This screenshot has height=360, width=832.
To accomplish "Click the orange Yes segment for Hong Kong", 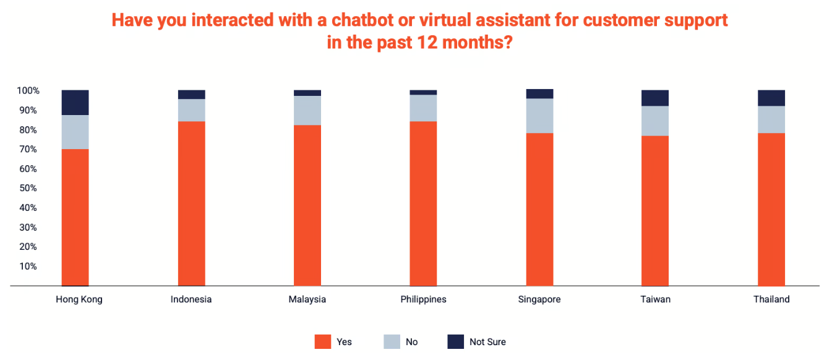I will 75,217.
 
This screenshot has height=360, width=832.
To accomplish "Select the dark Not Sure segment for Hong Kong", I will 75,103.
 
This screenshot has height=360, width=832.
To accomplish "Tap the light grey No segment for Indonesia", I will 191,110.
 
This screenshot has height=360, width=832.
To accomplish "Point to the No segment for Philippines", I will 423,108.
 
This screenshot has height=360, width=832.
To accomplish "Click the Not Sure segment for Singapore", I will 539,94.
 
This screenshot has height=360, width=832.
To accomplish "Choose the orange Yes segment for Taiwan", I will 654,210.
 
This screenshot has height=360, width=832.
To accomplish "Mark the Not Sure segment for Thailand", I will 771,98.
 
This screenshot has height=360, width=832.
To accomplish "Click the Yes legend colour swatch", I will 323,341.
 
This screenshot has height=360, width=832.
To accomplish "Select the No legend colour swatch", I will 392,341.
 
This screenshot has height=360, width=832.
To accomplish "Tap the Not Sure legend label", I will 487,342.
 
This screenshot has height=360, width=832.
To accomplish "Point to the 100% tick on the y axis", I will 28,91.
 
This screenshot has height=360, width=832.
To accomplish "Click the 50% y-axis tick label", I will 28,188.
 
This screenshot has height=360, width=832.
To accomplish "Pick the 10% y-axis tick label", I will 28,266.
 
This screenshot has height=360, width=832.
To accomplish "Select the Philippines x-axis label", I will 423,299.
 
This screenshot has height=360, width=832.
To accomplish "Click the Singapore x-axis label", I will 539,299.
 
